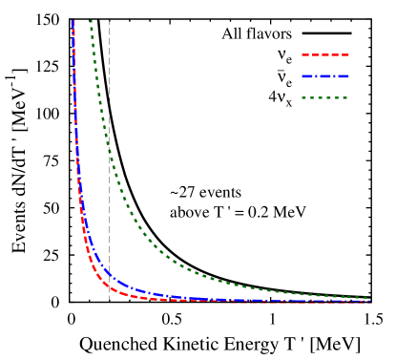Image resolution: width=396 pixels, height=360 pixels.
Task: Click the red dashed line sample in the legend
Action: [325, 54]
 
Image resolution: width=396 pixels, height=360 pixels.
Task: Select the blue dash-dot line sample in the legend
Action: [325, 76]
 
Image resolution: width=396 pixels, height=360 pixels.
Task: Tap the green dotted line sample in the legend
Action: [324, 97]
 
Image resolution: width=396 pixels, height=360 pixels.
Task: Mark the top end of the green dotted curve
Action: [91, 21]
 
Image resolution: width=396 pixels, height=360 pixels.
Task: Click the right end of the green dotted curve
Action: [368, 297]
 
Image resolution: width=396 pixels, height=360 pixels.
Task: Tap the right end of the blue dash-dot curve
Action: [368, 301]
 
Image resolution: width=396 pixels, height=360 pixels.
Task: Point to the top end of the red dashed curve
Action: [73, 21]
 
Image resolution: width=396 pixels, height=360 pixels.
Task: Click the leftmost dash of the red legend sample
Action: [305, 54]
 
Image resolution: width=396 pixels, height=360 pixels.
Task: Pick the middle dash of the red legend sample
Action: [325, 54]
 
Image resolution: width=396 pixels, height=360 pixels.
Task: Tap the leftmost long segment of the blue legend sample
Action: [307, 76]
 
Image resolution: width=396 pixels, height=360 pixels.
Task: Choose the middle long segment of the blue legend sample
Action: [325, 76]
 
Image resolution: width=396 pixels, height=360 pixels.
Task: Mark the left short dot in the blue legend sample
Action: [316, 76]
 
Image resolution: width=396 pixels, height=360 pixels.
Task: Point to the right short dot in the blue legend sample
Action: [334, 76]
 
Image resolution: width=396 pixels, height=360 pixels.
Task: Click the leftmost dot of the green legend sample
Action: [303, 97]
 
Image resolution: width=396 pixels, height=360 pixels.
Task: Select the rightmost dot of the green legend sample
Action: [344, 97]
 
